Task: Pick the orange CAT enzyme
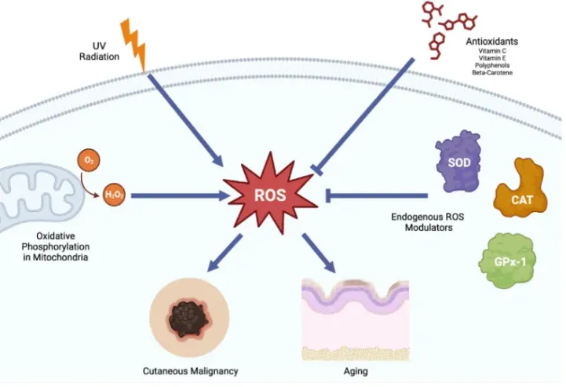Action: click(x=522, y=188)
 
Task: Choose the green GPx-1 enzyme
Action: click(x=506, y=260)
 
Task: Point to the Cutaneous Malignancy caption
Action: click(x=190, y=370)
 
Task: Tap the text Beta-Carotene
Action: click(x=491, y=72)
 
